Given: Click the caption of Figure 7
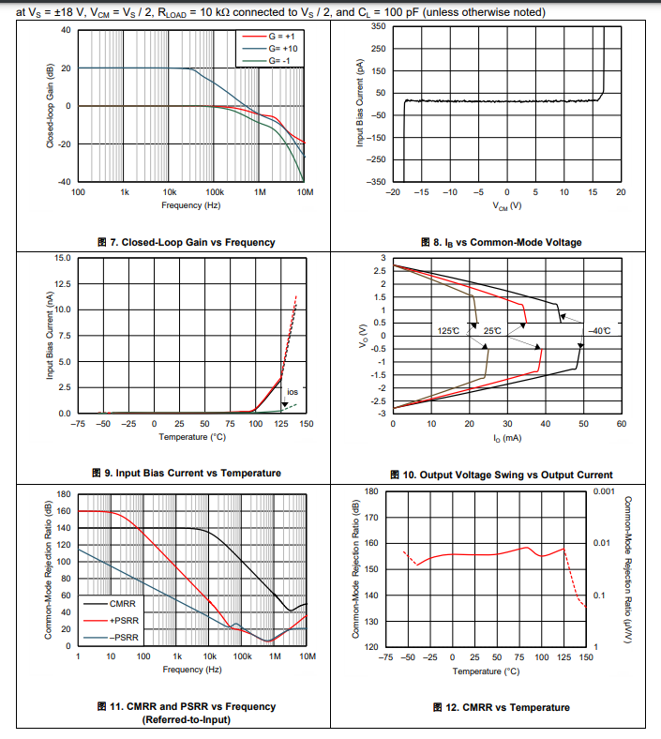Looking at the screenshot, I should pyautogui.click(x=187, y=242).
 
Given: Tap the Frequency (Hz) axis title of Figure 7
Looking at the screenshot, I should pyautogui.click(x=191, y=204).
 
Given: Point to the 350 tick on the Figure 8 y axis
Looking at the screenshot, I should pyautogui.click(x=377, y=25).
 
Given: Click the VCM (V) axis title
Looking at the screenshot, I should pyautogui.click(x=506, y=205).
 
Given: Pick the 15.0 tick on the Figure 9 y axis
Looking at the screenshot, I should pyautogui.click(x=63, y=258).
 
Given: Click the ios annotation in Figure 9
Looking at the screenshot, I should pyautogui.click(x=292, y=392).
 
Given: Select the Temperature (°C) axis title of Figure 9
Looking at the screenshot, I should pyautogui.click(x=191, y=437).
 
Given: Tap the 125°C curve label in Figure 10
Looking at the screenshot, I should pyautogui.click(x=448, y=331).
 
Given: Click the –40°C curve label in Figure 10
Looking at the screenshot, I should pyautogui.click(x=599, y=331).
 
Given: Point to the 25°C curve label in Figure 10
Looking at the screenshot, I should pyautogui.click(x=492, y=331).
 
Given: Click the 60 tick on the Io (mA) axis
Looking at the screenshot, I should pyautogui.click(x=621, y=424).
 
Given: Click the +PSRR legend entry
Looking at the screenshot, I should pyautogui.click(x=124, y=620).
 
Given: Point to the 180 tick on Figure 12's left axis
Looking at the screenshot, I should pyautogui.click(x=370, y=490).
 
